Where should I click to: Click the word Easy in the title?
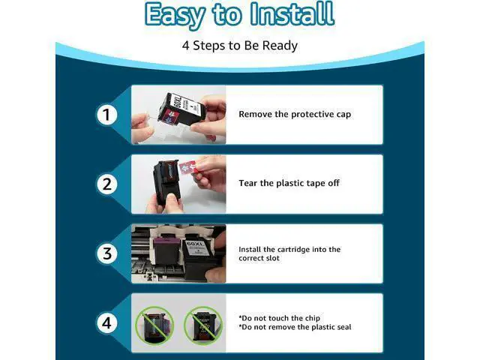pos(175,15)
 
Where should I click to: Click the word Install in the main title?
pos(292,13)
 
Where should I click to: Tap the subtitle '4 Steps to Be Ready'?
pos(240,46)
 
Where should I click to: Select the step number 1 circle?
pos(106,115)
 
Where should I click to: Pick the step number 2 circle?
pos(106,184)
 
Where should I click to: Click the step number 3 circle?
pos(106,253)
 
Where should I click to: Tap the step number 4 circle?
pos(106,323)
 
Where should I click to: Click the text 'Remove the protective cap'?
pos(295,114)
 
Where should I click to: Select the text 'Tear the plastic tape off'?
pos(289,183)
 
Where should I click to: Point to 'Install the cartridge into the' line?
pos(289,250)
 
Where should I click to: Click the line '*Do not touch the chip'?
pos(279,318)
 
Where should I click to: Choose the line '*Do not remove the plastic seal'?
pos(295,327)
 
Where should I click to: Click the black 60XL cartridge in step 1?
pos(178,111)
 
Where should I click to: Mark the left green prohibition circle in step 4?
pos(155,325)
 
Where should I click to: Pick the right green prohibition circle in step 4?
pos(203,325)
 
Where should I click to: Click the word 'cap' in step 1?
pos(343,115)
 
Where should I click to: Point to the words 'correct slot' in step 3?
pos(259,258)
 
